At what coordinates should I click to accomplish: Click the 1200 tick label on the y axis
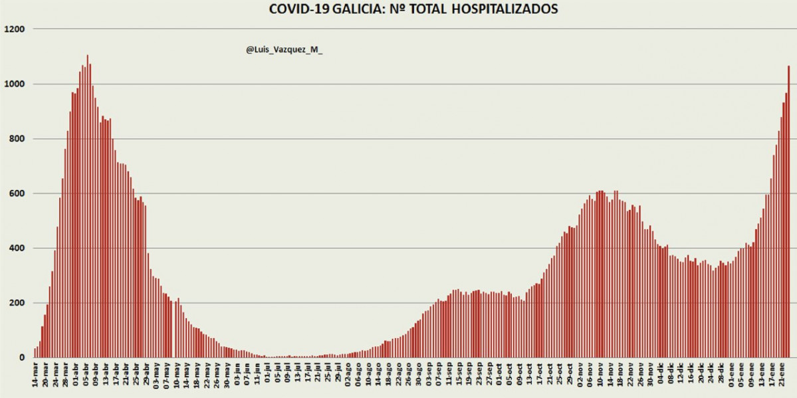pyautogui.click(x=14, y=29)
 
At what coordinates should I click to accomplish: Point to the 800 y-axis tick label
pyautogui.click(x=17, y=139)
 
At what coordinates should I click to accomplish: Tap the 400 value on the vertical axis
pyautogui.click(x=17, y=249)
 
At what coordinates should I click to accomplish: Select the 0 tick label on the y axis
pyautogui.click(x=22, y=357)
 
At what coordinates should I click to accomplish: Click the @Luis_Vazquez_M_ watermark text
pyautogui.click(x=284, y=50)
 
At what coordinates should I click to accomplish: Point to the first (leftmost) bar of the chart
pyautogui.click(x=35, y=353)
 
